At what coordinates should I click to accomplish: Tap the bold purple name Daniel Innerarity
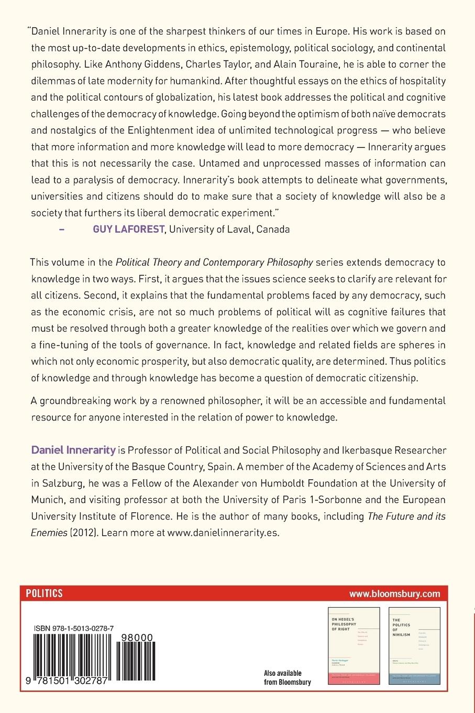73,449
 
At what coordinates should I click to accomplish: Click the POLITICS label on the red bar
45,593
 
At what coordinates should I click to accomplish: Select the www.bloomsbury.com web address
395,594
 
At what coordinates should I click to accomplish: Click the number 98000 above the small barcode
137,638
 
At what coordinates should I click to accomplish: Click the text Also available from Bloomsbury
288,677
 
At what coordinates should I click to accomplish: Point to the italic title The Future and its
406,516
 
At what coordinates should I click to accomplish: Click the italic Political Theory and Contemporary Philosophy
214,262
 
